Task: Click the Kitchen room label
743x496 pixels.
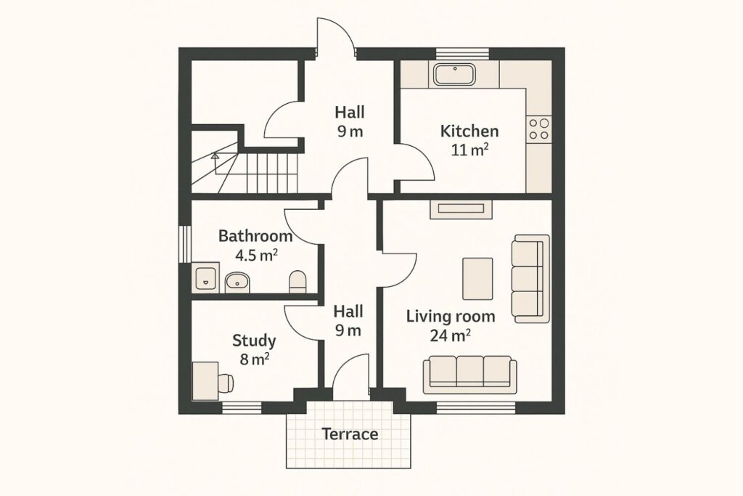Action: (x=469, y=131)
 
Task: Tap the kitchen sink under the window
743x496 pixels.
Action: (x=454, y=75)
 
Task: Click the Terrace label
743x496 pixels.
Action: (x=350, y=434)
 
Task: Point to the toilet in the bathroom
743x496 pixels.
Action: (x=297, y=281)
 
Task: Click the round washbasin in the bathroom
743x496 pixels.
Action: (x=237, y=282)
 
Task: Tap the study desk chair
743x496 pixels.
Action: (x=226, y=382)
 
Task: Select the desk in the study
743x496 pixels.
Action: (x=205, y=381)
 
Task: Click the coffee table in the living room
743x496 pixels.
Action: (x=477, y=279)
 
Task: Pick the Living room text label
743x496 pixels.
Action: (x=451, y=317)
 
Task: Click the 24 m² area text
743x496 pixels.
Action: (x=450, y=336)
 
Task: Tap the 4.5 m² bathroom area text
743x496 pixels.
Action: (x=256, y=255)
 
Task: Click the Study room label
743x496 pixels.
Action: (x=254, y=341)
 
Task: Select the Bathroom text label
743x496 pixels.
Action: (x=255, y=236)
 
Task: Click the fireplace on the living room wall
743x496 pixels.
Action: (x=461, y=209)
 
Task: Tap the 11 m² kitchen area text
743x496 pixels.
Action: (x=469, y=150)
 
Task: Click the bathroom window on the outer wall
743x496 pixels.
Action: (x=185, y=244)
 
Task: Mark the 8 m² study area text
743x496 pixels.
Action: (x=255, y=359)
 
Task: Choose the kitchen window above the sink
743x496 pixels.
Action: (x=462, y=54)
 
